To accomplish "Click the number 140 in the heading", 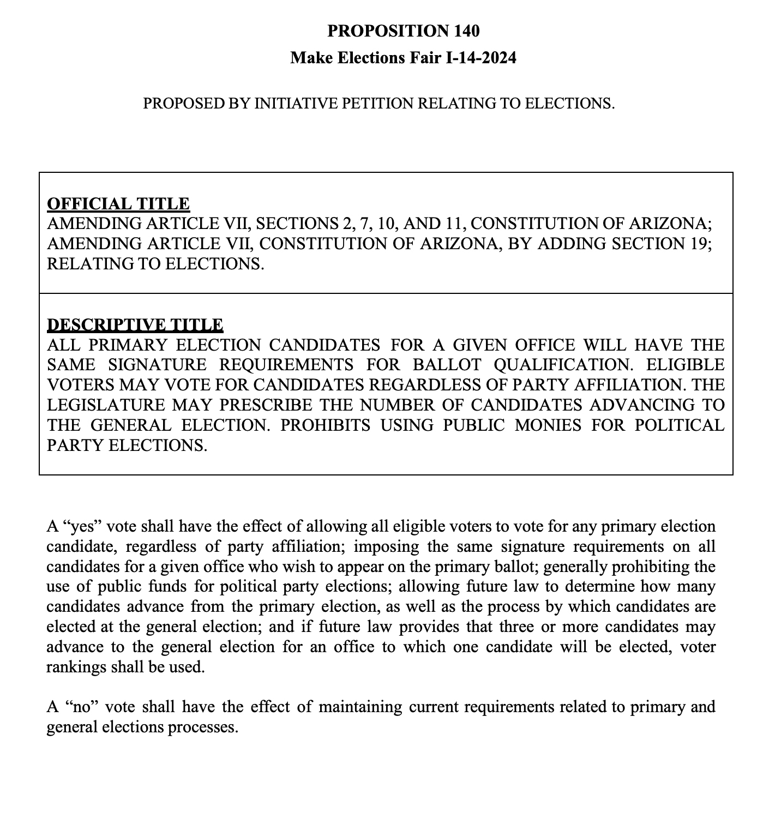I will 466,31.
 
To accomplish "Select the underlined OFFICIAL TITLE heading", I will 118,204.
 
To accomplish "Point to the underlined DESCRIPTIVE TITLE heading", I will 135,325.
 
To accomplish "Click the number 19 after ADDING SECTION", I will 698,244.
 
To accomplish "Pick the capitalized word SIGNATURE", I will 158,365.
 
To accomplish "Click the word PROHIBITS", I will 325,425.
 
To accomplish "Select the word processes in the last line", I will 203,727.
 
